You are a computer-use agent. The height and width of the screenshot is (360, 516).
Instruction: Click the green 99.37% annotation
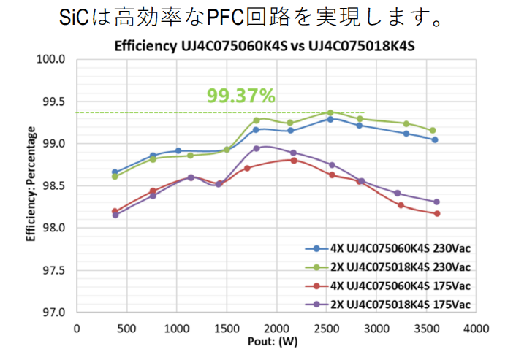[x=240, y=96]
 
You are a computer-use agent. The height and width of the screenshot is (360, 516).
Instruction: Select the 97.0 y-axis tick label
[x=53, y=313]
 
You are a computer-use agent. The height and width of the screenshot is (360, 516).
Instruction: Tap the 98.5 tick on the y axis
[x=53, y=186]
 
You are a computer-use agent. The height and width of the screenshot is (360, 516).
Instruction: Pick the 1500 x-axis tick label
[x=227, y=326]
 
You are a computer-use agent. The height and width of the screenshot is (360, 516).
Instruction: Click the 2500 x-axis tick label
[x=327, y=326]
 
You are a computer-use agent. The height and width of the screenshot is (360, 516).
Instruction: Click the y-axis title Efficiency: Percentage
[x=31, y=185]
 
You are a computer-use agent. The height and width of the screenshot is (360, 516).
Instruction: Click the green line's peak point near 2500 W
[x=330, y=112]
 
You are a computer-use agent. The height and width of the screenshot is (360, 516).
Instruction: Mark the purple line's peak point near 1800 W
[x=256, y=148]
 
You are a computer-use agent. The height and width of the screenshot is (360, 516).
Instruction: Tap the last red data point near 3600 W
[x=436, y=213]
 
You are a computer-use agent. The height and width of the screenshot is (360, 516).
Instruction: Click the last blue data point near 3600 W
[x=435, y=139]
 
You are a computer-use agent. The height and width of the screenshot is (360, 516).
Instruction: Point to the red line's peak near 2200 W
[x=294, y=160]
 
